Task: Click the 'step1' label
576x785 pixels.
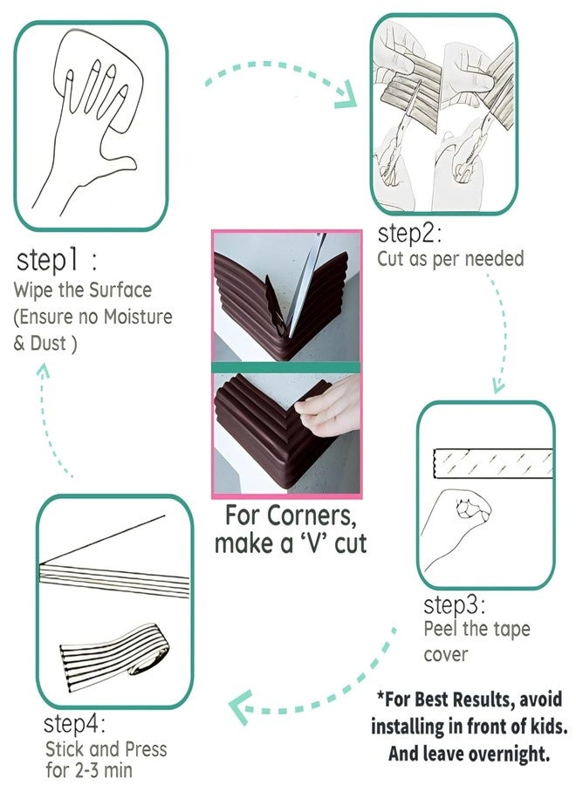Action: point(48,260)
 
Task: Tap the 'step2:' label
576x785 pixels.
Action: point(409,234)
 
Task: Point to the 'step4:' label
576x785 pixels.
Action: point(75,724)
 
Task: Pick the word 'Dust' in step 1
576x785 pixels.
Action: point(48,344)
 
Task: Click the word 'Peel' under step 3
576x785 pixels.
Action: point(441,629)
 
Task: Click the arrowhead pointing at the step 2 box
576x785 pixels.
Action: point(346,97)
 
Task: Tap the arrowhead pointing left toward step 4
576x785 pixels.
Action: point(240,706)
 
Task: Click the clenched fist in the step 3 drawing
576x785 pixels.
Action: point(473,509)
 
